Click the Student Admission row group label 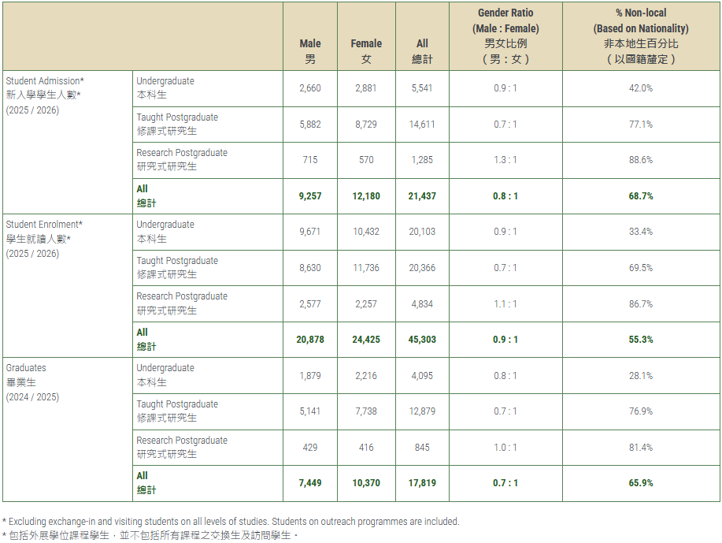(45, 81)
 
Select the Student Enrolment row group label (43, 225)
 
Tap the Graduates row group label (26, 368)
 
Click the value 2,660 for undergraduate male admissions (310, 88)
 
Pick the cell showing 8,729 (366, 125)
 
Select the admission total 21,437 (422, 196)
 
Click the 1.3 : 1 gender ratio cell (505, 160)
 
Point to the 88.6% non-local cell (640, 160)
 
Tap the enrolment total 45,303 (422, 340)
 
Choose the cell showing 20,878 (310, 340)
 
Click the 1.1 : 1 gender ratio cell (505, 303)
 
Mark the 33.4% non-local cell (640, 232)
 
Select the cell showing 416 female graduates (366, 447)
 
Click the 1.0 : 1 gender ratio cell (505, 447)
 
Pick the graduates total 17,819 (422, 483)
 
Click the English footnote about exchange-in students (231, 521)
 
